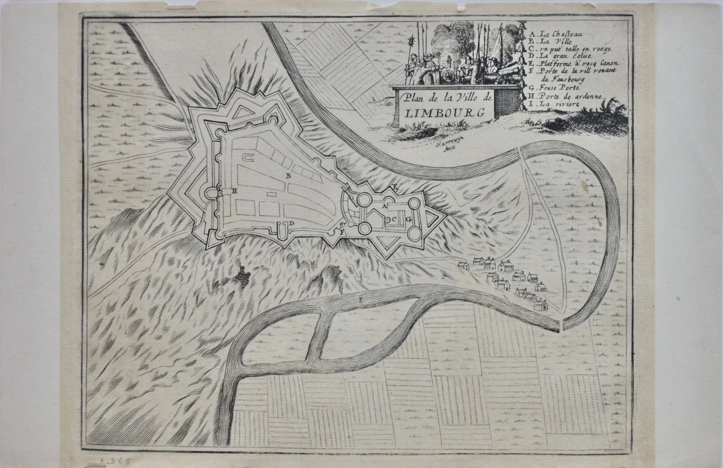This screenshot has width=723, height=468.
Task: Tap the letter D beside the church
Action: click(292, 223)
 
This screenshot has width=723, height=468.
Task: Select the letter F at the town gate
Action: click(341, 232)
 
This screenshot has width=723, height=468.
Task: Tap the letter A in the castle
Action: click(385, 205)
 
